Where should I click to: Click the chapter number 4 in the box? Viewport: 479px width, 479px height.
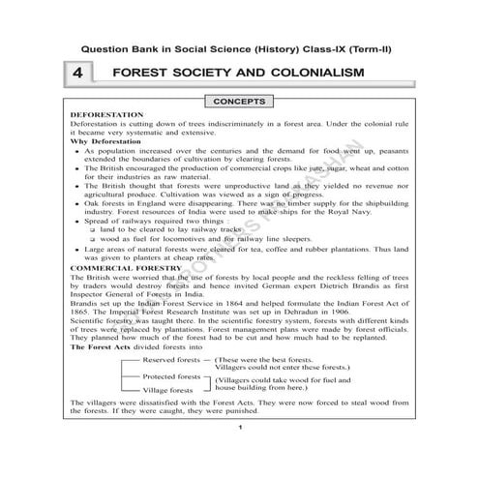point(78,74)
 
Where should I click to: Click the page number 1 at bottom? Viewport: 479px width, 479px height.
point(239,453)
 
